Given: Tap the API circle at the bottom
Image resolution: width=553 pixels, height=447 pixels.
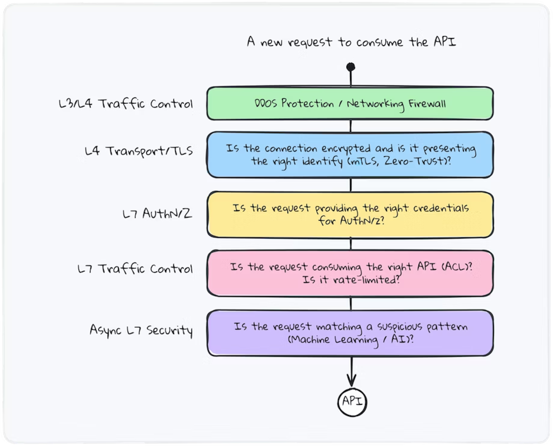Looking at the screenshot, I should (x=352, y=402).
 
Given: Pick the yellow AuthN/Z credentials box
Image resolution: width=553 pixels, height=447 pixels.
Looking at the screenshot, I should (x=350, y=215).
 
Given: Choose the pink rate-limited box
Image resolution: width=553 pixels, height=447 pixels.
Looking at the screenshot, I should (x=350, y=273).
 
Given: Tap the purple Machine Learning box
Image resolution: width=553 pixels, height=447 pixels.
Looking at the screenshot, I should (x=350, y=333).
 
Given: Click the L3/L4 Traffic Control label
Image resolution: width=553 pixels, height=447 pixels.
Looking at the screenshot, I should (x=126, y=104).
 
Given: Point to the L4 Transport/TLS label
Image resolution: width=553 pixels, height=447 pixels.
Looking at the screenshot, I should (x=139, y=151).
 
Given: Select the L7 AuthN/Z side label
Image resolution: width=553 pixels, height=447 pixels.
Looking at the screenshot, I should (x=157, y=213).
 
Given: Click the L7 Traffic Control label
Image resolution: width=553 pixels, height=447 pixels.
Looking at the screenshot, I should (x=135, y=269).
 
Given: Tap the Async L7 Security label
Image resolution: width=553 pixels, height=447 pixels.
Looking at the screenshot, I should (x=141, y=330).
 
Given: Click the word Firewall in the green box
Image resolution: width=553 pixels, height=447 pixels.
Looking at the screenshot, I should (x=427, y=104).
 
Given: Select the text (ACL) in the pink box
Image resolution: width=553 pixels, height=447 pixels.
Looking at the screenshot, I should (x=456, y=267).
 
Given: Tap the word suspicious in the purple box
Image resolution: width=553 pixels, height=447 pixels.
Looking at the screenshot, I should (x=400, y=326).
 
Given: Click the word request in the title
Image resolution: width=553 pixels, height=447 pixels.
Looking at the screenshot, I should (x=310, y=42).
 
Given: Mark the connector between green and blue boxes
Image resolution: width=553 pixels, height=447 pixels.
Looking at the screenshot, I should (x=351, y=126).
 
